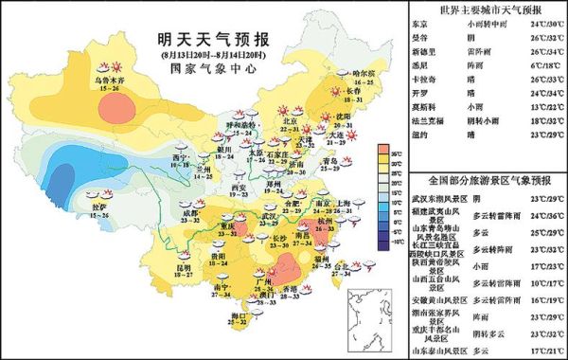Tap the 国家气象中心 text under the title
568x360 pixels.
[200, 69]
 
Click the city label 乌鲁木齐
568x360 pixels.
[107, 81]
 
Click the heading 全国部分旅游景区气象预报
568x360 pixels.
[488, 180]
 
